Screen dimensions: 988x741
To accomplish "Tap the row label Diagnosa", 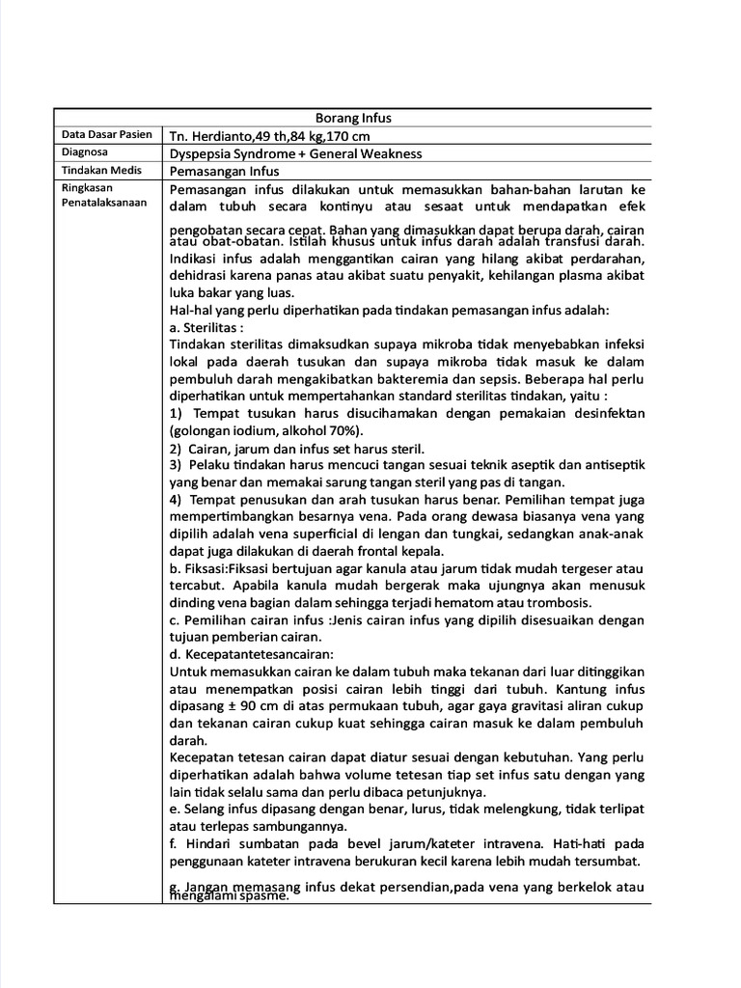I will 85,152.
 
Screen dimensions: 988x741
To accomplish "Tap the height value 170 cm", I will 343,136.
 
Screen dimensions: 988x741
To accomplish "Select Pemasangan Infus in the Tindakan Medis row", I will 224,171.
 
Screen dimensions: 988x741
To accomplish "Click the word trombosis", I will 556,603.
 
